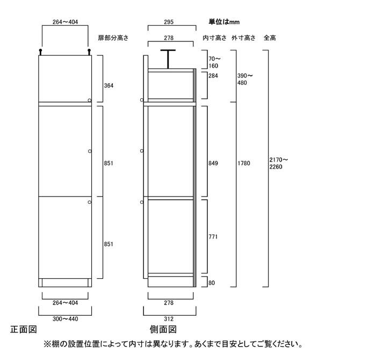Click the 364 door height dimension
tap(109, 85)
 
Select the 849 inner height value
tap(213, 163)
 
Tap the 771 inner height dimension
tap(213, 237)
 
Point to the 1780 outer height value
tap(244, 163)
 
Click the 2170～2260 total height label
tap(278, 163)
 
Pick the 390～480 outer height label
tap(245, 79)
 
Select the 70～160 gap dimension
tap(214, 62)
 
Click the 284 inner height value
tap(213, 76)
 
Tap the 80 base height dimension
tap(212, 283)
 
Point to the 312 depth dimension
tap(169, 319)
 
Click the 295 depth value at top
tap(169, 22)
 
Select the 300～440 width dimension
tap(65, 319)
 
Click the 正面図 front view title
tap(24, 329)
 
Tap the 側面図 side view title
tap(163, 329)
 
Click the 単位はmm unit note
tap(224, 22)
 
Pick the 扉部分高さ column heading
tap(113, 38)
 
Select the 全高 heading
tap(270, 38)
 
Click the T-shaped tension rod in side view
tap(168, 59)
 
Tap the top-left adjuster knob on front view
tap(40, 52)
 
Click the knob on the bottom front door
tap(90, 202)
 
